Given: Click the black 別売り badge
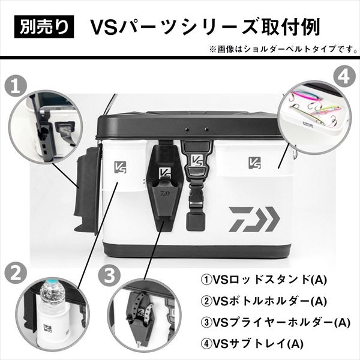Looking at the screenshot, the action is (44, 26).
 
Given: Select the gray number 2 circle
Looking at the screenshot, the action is (16, 274).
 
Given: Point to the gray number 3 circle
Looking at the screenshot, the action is (109, 274).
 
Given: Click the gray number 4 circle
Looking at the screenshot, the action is (344, 77).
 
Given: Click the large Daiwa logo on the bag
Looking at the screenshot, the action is (254, 219).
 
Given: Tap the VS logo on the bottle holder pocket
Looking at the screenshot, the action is (120, 167).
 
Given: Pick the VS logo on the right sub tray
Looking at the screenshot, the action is (255, 163).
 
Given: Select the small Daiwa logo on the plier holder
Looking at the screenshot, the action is (163, 193).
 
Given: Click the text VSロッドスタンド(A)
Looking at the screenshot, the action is (264, 280).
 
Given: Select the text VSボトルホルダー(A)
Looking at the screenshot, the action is (264, 301).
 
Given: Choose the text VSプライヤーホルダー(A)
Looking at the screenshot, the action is (275, 322).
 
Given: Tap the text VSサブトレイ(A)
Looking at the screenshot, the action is (252, 344).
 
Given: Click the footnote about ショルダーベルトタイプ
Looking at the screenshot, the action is (283, 49).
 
